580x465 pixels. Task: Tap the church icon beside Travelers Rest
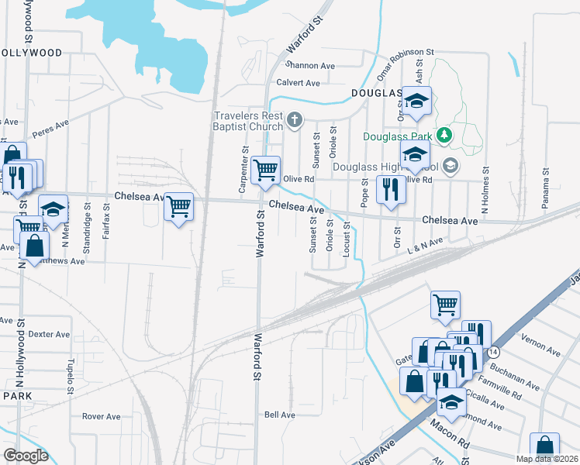tap(294, 120)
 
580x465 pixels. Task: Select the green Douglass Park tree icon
tap(444, 136)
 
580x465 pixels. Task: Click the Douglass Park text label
tap(399, 136)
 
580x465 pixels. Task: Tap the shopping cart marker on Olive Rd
tap(266, 170)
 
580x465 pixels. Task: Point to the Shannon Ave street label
tap(310, 66)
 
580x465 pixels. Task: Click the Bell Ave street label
tap(280, 415)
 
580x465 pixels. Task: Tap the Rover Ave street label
tap(101, 416)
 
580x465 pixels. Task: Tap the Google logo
tap(26, 455)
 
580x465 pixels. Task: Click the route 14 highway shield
tap(493, 352)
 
